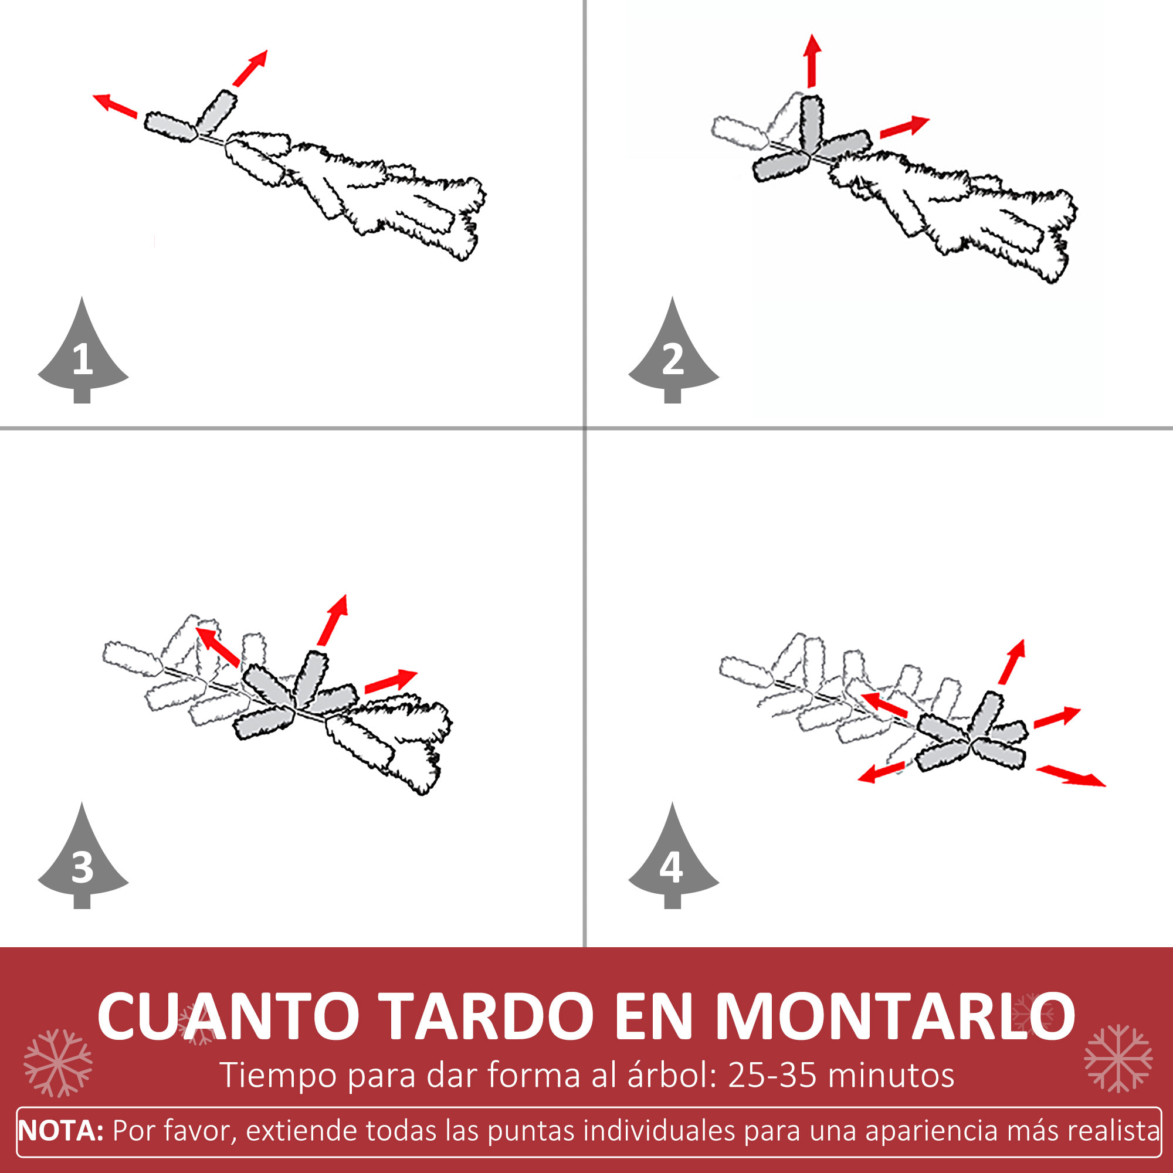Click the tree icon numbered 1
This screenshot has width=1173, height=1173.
[x=83, y=358]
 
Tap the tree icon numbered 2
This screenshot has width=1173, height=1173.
[x=673, y=358]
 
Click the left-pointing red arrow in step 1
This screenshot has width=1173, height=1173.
[x=115, y=106]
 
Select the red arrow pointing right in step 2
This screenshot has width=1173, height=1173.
[x=904, y=126]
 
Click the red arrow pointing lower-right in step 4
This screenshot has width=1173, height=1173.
[x=1070, y=776]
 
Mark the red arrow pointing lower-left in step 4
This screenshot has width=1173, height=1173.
[x=882, y=772]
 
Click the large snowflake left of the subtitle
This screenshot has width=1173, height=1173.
[x=58, y=1063]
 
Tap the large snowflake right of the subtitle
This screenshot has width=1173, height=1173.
[x=1118, y=1058]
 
